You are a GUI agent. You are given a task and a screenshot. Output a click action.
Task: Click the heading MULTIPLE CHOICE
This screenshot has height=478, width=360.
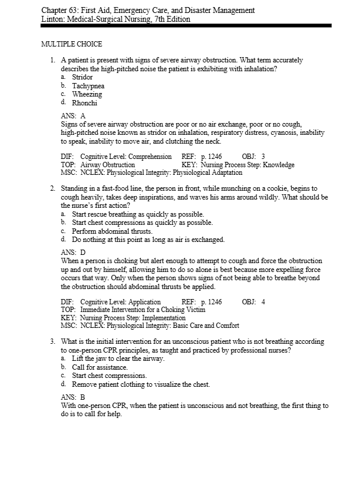click(x=71, y=44)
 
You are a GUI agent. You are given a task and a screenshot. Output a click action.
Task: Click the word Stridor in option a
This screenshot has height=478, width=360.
click(x=82, y=77)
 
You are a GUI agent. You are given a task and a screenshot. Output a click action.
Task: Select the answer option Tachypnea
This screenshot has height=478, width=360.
click(x=88, y=86)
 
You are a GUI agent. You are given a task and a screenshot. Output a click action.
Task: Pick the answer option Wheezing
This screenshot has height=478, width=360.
click(x=87, y=94)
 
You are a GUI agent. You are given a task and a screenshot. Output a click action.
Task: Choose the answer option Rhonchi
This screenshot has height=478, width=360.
click(x=84, y=103)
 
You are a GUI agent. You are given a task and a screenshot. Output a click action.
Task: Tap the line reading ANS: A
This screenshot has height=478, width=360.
click(x=74, y=116)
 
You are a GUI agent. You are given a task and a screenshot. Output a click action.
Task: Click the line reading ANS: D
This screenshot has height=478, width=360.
click(x=74, y=253)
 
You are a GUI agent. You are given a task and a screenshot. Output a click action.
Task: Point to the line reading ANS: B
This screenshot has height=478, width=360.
click(x=74, y=397)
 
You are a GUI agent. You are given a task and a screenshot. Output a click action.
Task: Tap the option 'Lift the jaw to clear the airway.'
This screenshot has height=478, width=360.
click(x=118, y=358)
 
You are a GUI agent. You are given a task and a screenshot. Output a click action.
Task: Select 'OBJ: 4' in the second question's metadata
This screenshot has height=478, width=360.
click(x=255, y=302)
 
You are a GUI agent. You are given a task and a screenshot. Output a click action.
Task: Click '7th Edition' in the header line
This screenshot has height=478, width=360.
click(x=169, y=19)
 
